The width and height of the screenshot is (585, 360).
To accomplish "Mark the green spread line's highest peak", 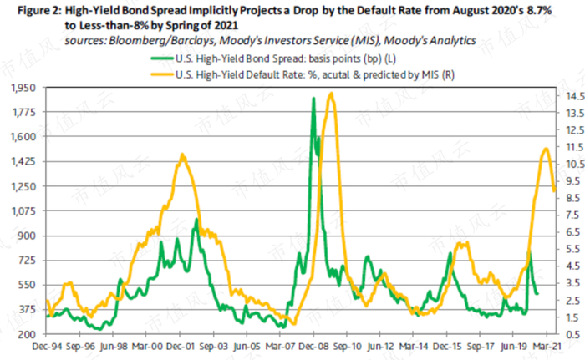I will [x=313, y=99].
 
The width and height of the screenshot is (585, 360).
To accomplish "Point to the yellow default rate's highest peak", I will [x=331, y=94].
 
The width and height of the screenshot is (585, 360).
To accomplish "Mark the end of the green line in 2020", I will [x=537, y=293].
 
